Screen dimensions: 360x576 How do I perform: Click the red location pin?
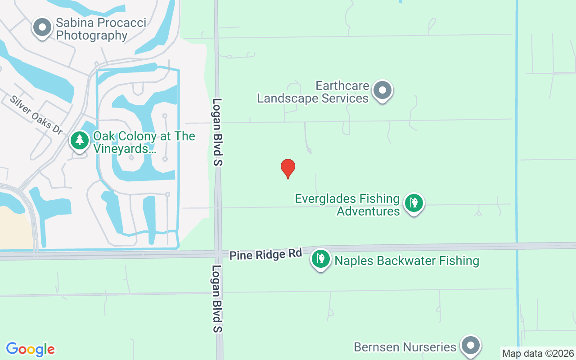tap(288, 168)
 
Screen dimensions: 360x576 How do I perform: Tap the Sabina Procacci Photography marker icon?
tap(42, 27)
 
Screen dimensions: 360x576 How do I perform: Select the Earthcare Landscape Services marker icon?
tap(382, 90)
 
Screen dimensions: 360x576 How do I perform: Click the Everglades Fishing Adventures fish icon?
tap(414, 203)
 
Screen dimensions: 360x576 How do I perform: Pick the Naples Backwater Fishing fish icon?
tap(321, 259)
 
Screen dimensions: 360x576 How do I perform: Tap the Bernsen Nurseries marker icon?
tap(471, 346)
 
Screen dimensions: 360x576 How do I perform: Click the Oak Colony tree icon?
tap(80, 140)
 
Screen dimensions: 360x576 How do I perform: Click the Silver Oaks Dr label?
tap(36, 115)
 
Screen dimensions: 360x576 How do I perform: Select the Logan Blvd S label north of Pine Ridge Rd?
tap(218, 132)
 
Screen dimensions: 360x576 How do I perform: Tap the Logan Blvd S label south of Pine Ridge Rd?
tap(218, 298)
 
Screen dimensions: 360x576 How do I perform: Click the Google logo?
tap(30, 349)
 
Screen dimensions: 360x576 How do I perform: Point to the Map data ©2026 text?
tap(538, 354)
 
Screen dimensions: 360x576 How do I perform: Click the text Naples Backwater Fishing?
tap(406, 261)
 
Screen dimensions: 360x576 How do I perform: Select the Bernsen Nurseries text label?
tap(405, 347)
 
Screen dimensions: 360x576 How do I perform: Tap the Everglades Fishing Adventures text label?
tap(347, 205)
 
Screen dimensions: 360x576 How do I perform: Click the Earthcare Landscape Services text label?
tap(313, 92)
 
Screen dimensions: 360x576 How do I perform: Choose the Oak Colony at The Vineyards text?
tap(144, 142)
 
